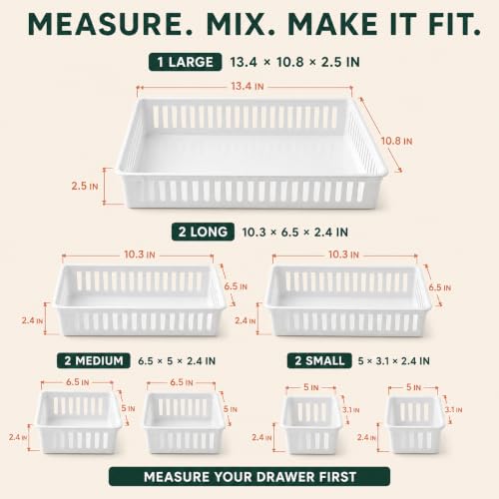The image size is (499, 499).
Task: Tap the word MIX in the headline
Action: coord(241,24)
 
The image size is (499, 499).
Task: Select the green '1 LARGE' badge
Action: coord(185,62)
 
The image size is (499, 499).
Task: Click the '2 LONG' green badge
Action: coord(203,232)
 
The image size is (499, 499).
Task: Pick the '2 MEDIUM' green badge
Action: coord(94,360)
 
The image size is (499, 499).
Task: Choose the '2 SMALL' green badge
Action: coord(319,360)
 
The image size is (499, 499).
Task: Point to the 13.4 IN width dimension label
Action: coord(248,87)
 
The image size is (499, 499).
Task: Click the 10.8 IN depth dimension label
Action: coord(396,141)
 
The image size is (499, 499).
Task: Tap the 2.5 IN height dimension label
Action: coord(85,186)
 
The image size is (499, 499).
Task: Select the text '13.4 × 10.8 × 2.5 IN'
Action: coord(294,62)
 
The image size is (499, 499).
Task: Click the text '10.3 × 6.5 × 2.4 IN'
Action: coord(294,233)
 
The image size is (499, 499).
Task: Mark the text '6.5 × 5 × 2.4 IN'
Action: coord(177,361)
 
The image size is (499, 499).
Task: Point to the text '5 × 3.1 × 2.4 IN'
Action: coord(393,361)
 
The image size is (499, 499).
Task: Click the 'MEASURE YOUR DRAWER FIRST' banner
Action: coord(249,477)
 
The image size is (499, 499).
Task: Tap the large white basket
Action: coord(251,153)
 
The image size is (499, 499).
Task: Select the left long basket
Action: coord(139,300)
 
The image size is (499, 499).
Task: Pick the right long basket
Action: coord(348,300)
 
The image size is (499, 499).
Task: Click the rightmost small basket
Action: coord(415,424)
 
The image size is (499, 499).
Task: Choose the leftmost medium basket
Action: coord(79,422)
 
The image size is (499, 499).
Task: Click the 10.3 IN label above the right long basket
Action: coord(343,254)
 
